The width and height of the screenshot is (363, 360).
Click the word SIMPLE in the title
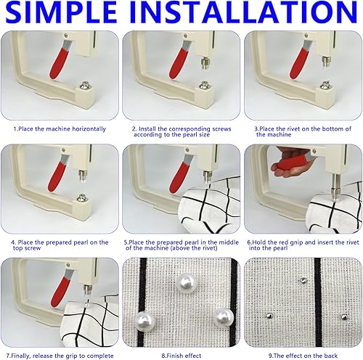click(61, 12)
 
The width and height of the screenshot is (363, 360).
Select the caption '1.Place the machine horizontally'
click(60, 128)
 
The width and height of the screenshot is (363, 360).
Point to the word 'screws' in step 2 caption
click(221, 128)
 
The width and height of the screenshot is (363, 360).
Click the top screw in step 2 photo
click(205, 62)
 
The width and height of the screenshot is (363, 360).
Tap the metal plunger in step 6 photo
click(335, 187)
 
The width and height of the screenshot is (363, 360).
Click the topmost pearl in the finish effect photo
click(186, 283)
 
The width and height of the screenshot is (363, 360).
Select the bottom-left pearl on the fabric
click(145, 321)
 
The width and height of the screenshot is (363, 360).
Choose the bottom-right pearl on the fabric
click(224, 317)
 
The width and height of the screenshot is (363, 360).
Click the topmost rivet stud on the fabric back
click(303, 281)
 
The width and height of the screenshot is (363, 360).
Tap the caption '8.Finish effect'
click(181, 356)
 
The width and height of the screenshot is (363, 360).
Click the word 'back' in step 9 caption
click(330, 356)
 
